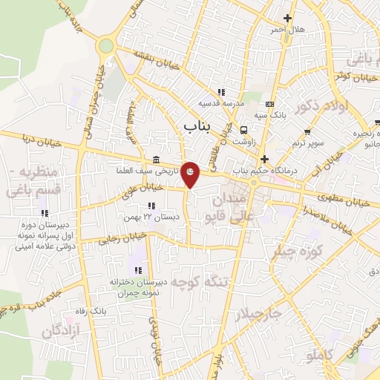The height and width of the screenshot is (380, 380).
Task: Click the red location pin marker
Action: click(x=191, y=173)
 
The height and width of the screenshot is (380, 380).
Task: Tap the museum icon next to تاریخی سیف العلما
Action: click(x=155, y=160)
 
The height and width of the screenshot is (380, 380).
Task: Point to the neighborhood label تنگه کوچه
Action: click(x=197, y=282)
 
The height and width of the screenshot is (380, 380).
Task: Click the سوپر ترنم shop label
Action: click(x=306, y=142)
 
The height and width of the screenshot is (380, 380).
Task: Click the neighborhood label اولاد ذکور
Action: click(x=321, y=107)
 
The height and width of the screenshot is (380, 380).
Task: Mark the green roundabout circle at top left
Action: click(x=105, y=46)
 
